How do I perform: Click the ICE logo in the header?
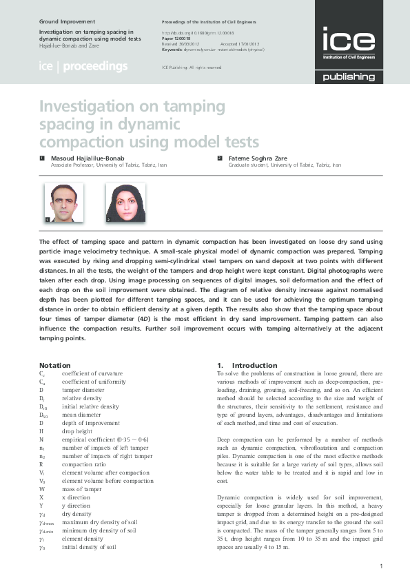coord(349,41)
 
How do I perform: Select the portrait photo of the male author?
coord(63,203)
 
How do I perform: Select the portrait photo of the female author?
coord(125,203)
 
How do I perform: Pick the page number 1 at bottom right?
coord(380,566)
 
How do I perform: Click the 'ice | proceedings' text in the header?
coord(83,67)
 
